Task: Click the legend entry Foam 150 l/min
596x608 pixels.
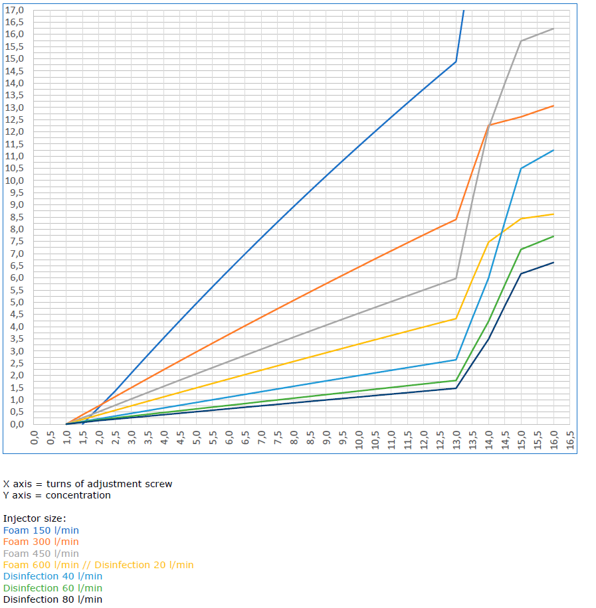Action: [41, 530]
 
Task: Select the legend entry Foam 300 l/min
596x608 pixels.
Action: [41, 542]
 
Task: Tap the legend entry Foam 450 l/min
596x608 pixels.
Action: [41, 554]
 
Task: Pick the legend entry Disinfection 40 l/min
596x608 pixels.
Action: [52, 576]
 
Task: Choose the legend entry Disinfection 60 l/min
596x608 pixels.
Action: [52, 588]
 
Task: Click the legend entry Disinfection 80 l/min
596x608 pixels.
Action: [52, 599]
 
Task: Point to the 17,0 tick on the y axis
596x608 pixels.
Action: [14, 10]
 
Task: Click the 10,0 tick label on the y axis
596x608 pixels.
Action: [14, 181]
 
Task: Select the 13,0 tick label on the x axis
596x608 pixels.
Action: [456, 439]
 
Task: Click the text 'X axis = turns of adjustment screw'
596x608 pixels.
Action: [88, 484]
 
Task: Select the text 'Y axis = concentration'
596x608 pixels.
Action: [57, 495]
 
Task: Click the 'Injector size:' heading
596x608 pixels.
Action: [35, 518]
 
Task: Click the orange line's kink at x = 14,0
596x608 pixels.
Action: [488, 125]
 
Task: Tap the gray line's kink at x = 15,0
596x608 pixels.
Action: [521, 41]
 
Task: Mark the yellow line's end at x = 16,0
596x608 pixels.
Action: [553, 214]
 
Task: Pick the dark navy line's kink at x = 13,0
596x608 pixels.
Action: [456, 388]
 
